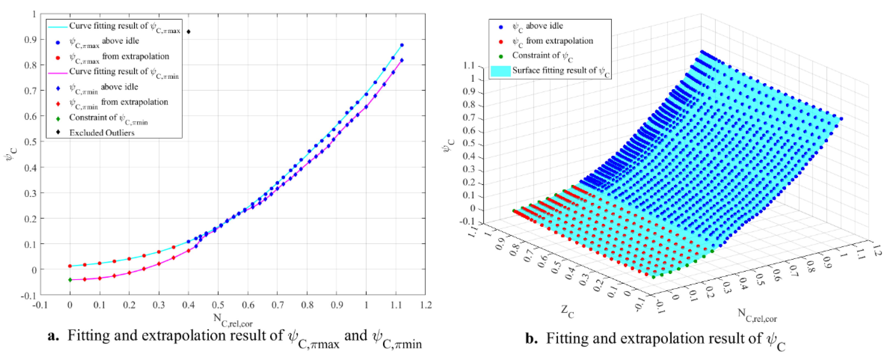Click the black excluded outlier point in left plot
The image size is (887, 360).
pyautogui.click(x=188, y=32)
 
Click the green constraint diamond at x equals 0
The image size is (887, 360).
pyautogui.click(x=70, y=280)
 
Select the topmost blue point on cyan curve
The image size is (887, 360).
pyautogui.click(x=402, y=45)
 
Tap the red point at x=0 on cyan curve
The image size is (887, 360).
pyautogui.click(x=70, y=266)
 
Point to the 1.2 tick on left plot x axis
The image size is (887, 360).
pyautogui.click(x=426, y=305)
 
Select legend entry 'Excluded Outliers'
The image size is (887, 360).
pyautogui.click(x=102, y=133)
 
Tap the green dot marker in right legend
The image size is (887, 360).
pyautogui.click(x=501, y=56)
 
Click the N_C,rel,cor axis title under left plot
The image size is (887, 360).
pyautogui.click(x=233, y=320)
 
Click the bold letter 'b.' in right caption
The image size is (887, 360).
pyautogui.click(x=531, y=339)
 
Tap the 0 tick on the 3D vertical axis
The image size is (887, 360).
pyautogui.click(x=472, y=208)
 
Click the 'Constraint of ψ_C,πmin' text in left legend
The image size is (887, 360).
pyautogui.click(x=108, y=118)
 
